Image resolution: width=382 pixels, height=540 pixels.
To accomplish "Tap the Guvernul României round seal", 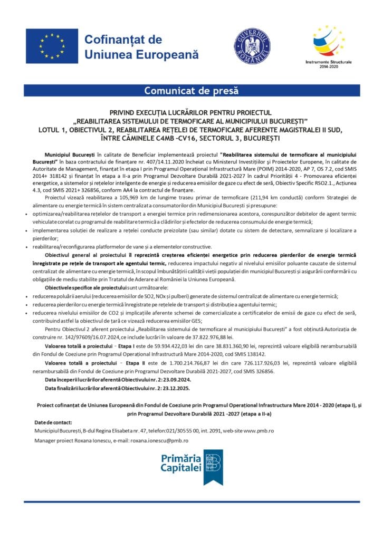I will (x=252, y=46).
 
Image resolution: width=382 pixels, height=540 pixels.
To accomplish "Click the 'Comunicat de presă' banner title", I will (x=191, y=91).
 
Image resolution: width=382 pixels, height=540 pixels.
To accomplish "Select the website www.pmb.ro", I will (x=259, y=431).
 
